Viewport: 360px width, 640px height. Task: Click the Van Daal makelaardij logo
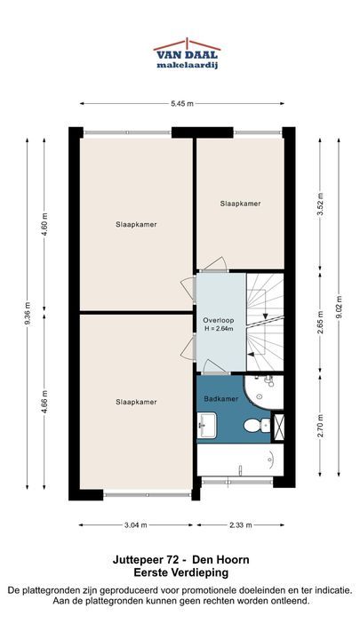pos(187,54)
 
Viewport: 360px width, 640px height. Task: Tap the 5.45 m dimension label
pos(182,104)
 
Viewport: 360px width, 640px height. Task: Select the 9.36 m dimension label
pos(28,314)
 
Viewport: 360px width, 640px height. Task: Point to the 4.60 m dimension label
pos(44,225)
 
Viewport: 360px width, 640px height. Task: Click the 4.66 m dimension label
pos(44,402)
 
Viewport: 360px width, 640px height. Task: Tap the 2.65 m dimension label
pos(320,323)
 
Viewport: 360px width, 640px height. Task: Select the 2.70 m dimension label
pos(320,426)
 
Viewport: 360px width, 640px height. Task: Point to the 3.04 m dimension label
pos(135,525)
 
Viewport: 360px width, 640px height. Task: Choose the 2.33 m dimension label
pos(240,525)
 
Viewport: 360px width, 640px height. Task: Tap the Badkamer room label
pos(220,399)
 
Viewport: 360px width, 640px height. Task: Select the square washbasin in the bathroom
pos(207,425)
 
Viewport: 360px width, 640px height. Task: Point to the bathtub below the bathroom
pos(240,460)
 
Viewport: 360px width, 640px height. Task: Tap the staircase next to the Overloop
pos(265,322)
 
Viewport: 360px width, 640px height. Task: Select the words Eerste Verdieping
pos(181,572)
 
